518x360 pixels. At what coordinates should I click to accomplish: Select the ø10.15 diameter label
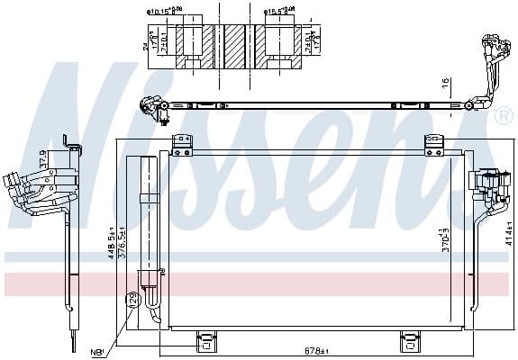(163, 13)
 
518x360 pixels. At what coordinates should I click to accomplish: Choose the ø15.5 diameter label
(280, 13)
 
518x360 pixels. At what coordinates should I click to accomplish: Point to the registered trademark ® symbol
(503, 116)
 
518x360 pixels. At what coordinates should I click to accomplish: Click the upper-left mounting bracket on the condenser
(183, 142)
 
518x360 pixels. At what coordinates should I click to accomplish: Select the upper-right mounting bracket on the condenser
(436, 142)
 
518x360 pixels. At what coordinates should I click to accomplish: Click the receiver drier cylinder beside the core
(146, 225)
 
